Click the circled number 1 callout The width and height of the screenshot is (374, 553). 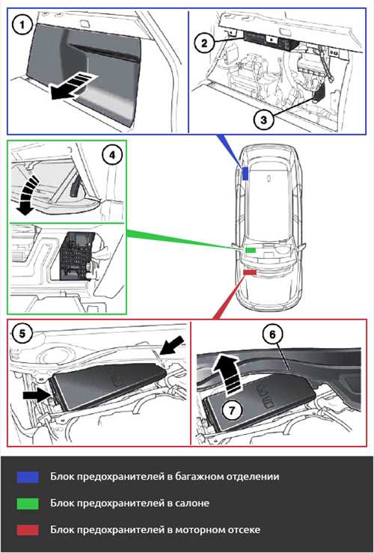point(23,25)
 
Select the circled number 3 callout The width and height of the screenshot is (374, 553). point(263,120)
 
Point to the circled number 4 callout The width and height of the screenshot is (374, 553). point(111,155)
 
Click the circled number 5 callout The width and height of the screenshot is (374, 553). point(22,333)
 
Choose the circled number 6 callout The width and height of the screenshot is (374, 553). point(272,334)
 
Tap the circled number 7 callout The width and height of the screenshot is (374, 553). point(232,410)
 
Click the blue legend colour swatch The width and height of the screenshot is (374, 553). point(28,477)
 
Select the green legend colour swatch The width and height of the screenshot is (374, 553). point(28,504)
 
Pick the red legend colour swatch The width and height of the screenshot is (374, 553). point(28,530)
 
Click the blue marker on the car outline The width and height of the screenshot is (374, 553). point(245,174)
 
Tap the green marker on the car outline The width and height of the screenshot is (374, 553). point(251,250)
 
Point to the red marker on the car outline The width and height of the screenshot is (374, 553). point(250,272)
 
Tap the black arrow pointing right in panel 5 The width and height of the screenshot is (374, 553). point(37,395)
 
